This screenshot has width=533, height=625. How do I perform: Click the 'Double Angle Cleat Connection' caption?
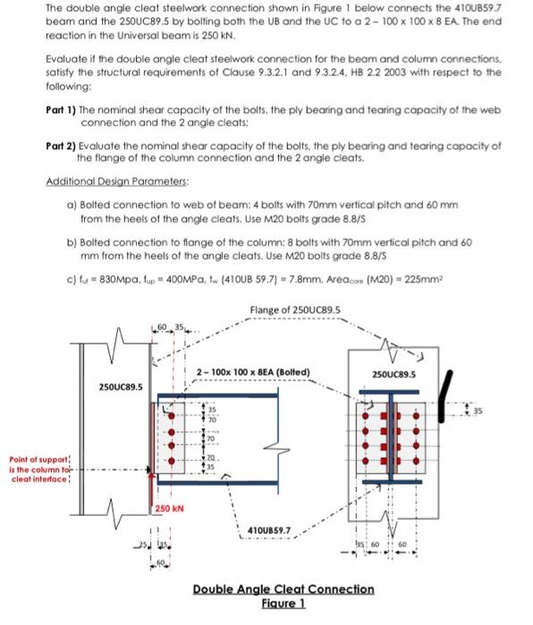click(283, 589)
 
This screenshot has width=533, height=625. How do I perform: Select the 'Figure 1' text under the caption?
click(283, 603)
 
